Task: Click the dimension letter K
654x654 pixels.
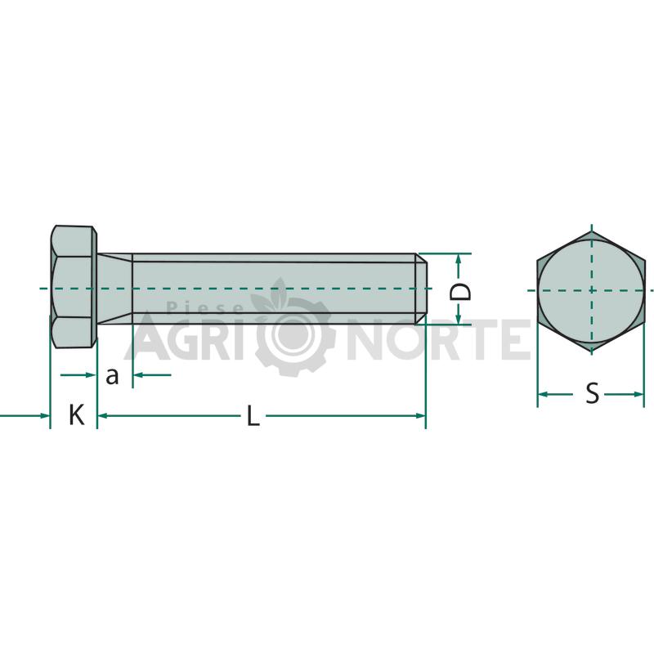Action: point(77,415)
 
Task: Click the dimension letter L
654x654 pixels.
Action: point(253,416)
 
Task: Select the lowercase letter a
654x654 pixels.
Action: point(112,376)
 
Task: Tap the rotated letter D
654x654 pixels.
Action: point(460,292)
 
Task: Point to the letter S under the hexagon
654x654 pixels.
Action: point(592,393)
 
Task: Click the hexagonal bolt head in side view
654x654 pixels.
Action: point(74,287)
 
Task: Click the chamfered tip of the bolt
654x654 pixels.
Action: point(420,289)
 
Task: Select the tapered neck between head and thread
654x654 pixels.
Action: point(114,289)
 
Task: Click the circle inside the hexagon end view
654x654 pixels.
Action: point(590,291)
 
